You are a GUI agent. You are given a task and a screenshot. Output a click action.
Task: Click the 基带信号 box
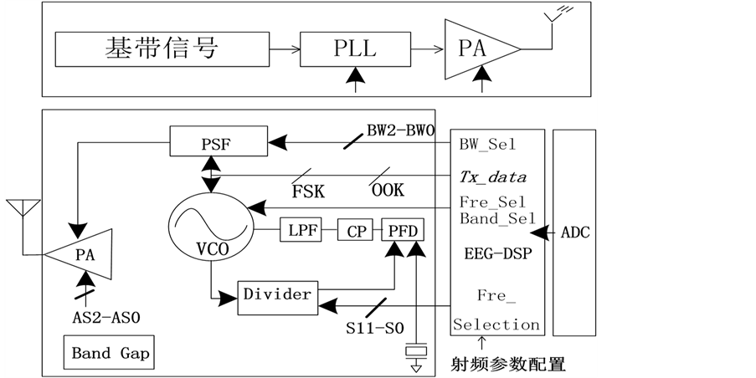(x=162, y=49)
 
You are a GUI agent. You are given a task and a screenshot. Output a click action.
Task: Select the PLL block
(x=356, y=49)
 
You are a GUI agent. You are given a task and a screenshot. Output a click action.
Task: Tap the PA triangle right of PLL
(x=476, y=49)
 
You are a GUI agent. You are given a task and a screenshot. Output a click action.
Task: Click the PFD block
(x=403, y=230)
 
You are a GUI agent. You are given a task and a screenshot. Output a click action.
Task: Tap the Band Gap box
(x=111, y=353)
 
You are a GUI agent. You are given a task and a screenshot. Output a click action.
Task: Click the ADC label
(x=574, y=232)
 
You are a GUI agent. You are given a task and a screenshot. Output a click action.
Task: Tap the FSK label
(x=308, y=191)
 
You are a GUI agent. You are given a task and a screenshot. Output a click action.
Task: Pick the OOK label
(x=387, y=191)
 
